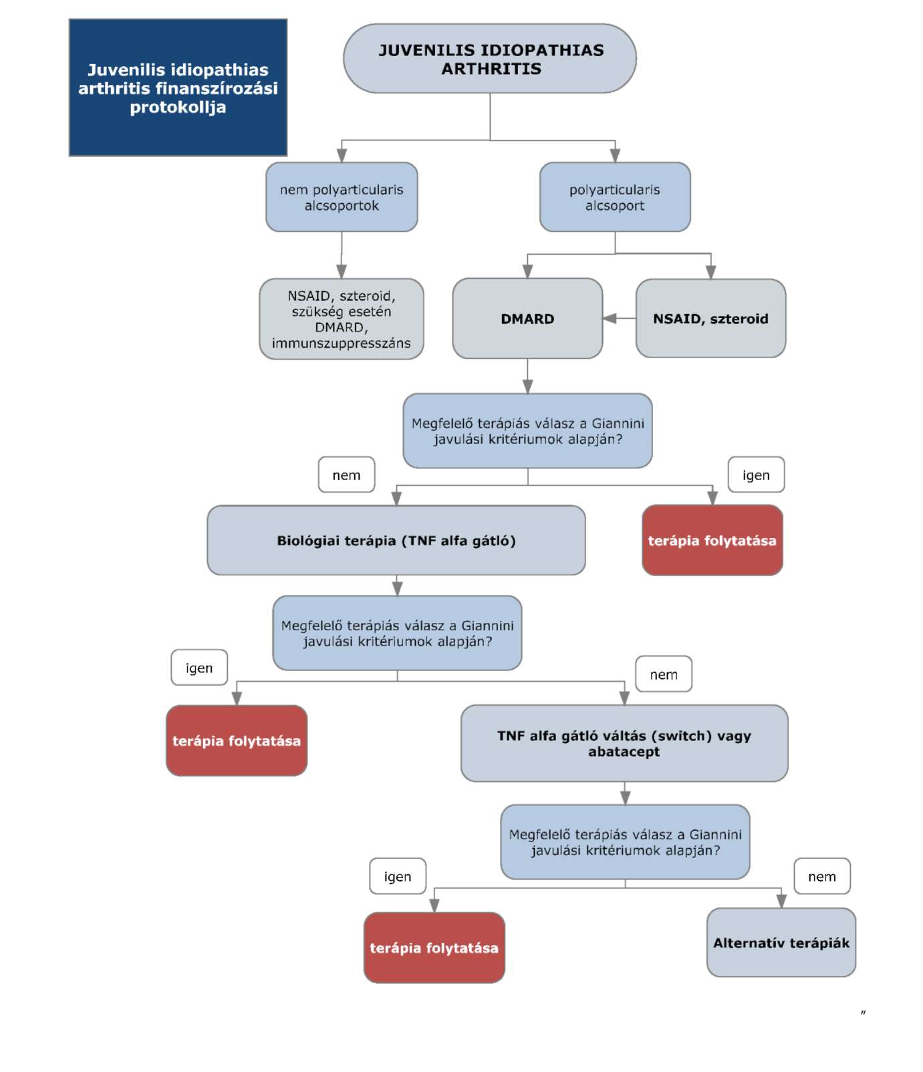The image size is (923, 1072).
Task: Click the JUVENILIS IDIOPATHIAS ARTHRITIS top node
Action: tap(490, 59)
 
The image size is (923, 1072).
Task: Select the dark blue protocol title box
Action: tap(178, 88)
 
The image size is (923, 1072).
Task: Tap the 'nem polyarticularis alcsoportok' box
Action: tap(342, 197)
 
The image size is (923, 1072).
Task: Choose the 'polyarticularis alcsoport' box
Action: tap(615, 197)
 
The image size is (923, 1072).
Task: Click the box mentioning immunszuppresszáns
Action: tap(342, 319)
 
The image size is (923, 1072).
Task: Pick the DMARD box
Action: tap(527, 319)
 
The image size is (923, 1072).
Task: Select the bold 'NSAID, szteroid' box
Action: tap(710, 319)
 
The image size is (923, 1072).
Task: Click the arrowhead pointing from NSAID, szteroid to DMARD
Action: tap(610, 319)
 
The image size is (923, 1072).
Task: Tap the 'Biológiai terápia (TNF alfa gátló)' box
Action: tap(396, 540)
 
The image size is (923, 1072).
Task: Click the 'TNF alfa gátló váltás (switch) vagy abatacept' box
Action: tap(624, 743)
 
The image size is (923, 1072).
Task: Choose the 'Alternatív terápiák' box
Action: tap(781, 942)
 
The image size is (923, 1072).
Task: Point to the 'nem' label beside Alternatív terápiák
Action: tap(822, 876)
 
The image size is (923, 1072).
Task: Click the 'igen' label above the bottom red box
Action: tap(398, 876)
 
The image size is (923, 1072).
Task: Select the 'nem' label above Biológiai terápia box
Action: tap(346, 475)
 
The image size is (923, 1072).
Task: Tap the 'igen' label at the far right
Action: tap(756, 475)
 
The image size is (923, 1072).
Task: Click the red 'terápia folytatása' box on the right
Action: tap(712, 540)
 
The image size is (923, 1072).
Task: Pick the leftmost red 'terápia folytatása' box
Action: tap(237, 741)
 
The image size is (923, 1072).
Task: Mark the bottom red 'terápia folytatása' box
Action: tap(434, 948)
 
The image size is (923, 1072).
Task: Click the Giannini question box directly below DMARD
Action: tap(527, 430)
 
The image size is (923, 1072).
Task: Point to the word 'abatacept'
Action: tap(624, 752)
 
